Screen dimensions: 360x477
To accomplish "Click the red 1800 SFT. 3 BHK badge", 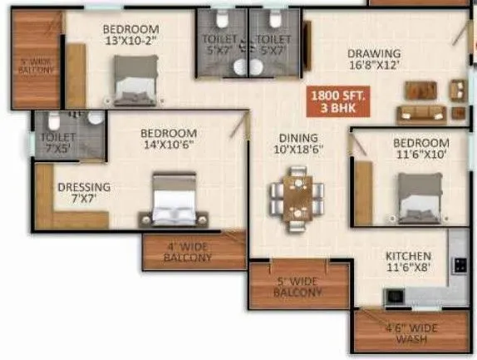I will tap(333, 100).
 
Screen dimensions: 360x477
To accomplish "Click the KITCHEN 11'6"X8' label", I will tap(407, 263).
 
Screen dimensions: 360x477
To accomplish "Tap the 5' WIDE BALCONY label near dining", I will tap(298, 287).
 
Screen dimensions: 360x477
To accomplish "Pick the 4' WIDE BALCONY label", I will tap(189, 252).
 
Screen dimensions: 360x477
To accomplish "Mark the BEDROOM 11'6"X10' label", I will tap(421, 149).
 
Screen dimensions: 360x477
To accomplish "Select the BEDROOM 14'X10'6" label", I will tap(168, 139).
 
